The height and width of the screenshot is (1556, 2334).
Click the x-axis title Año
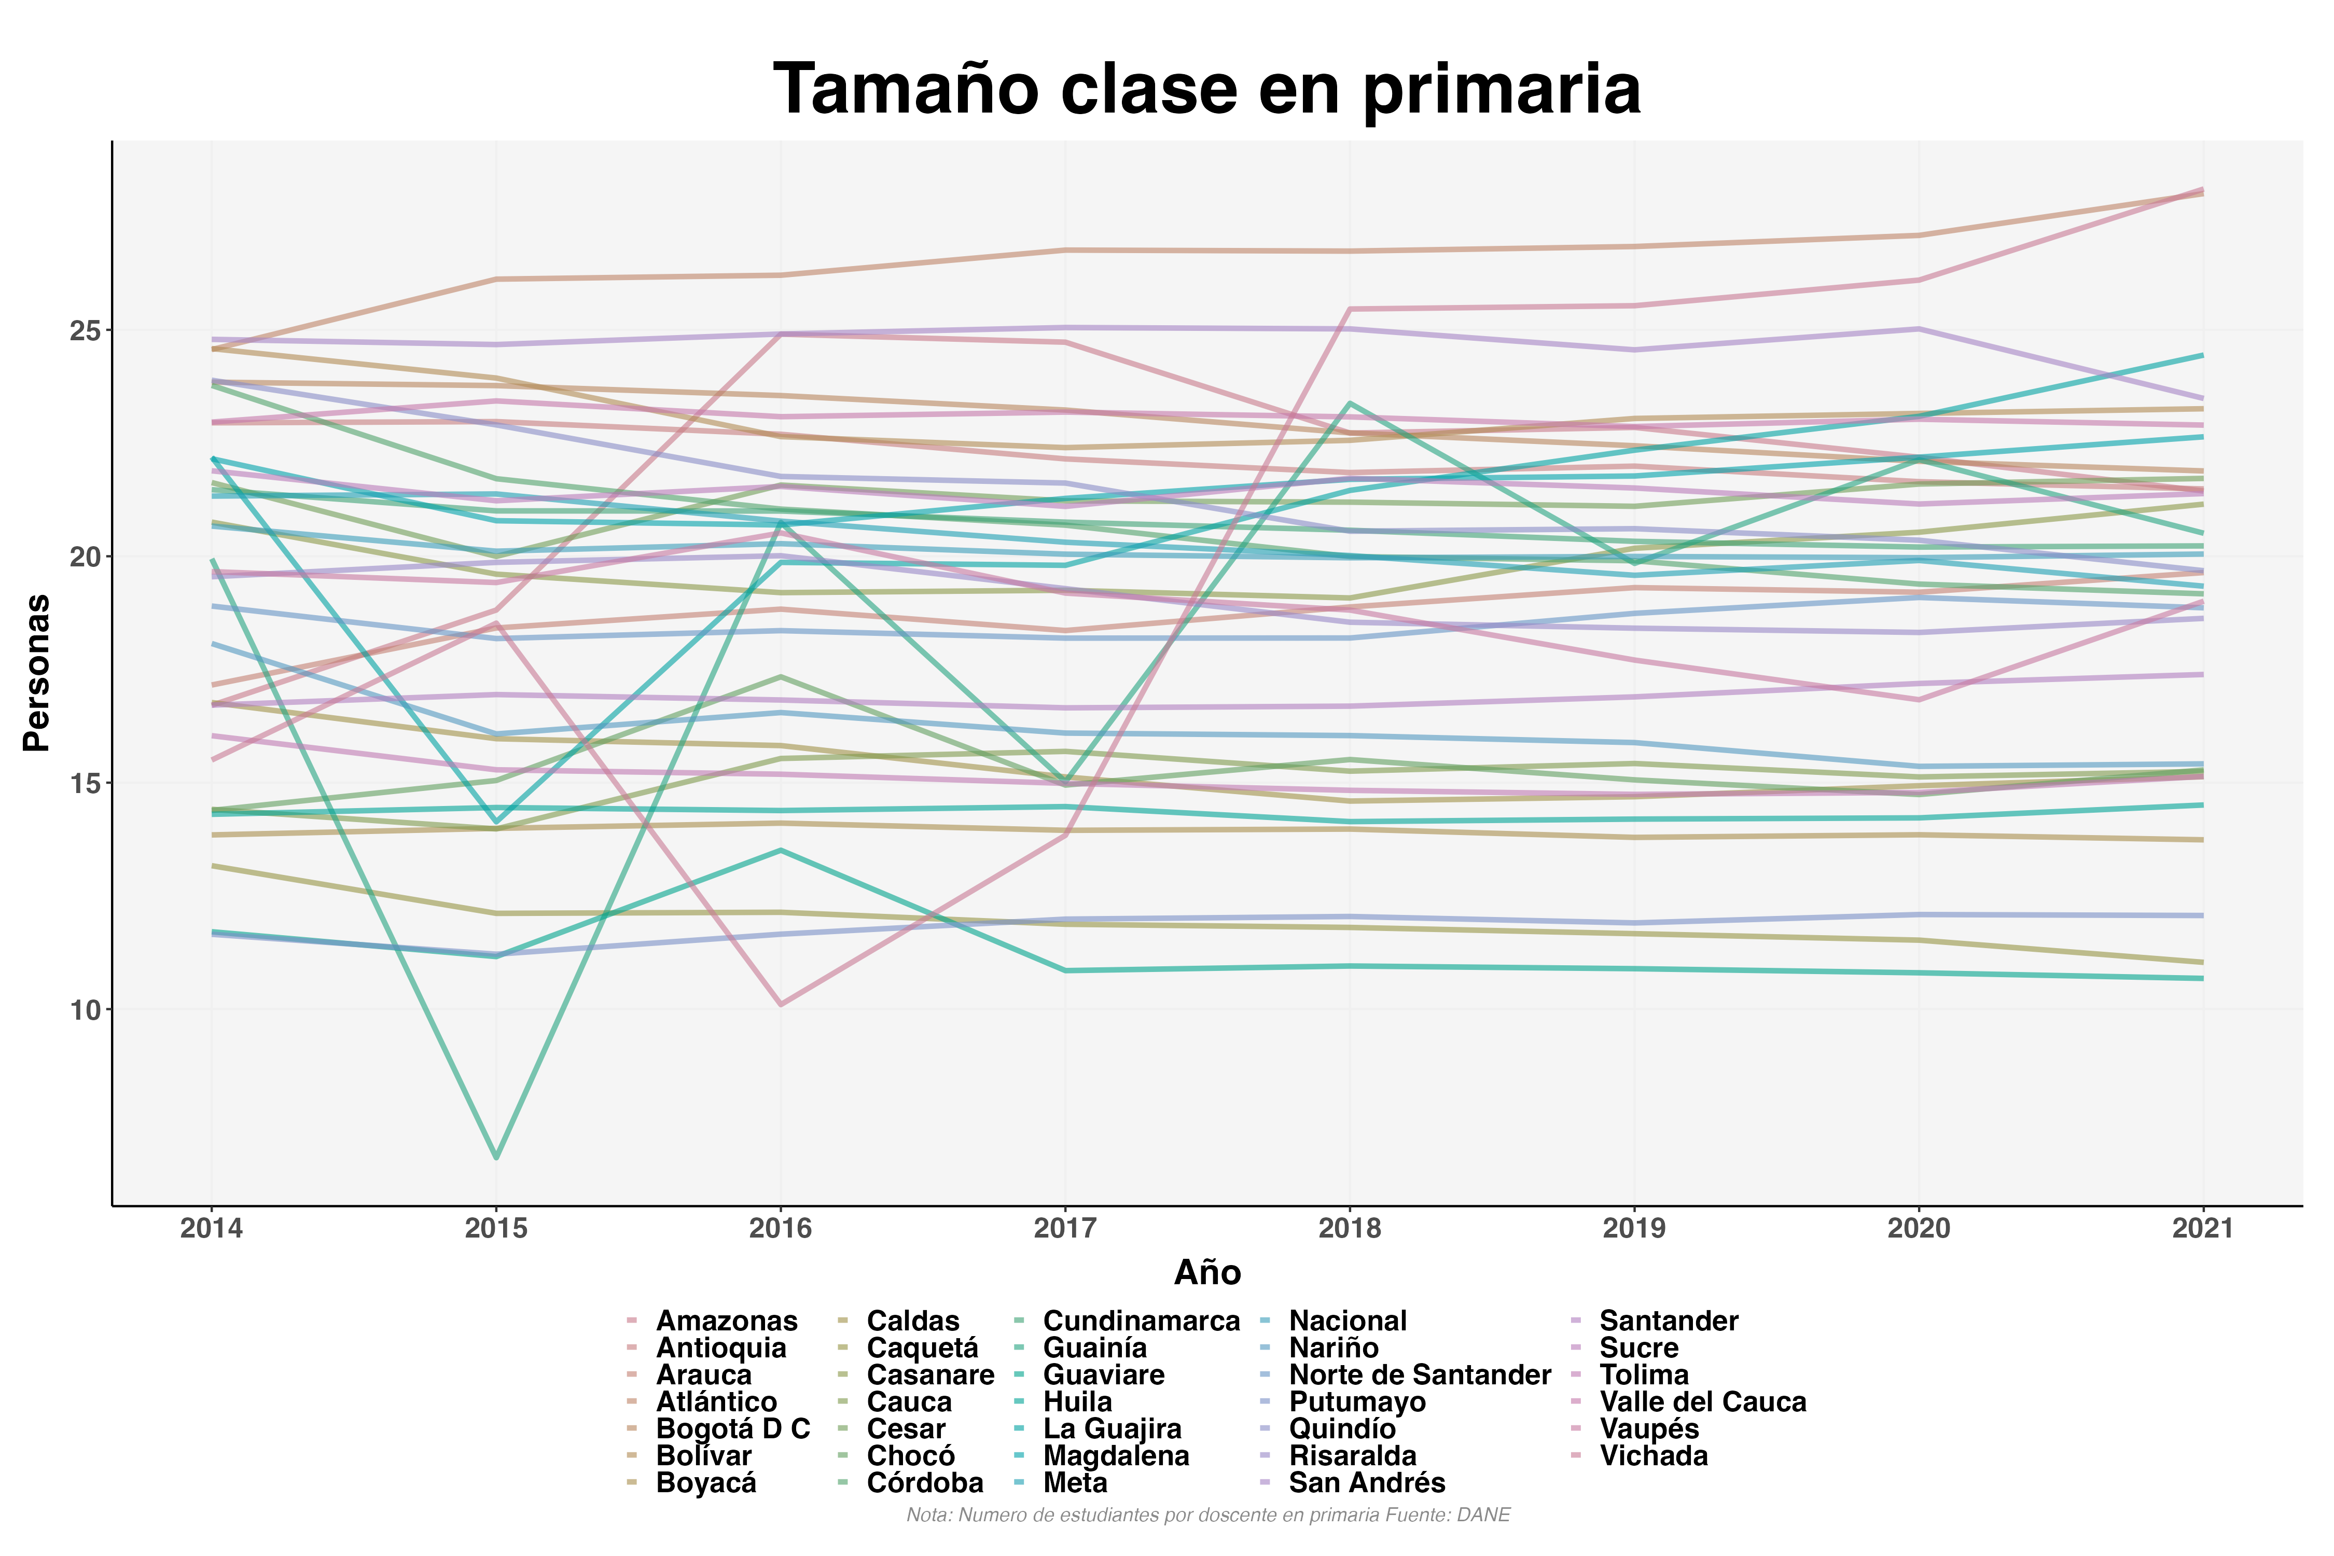tap(1207, 1272)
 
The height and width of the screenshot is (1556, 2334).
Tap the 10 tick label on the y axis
tap(87, 1010)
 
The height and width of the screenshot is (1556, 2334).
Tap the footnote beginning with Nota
tap(1207, 1516)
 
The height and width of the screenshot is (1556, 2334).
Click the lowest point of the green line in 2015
tap(496, 1157)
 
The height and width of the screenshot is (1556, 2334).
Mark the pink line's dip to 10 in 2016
tap(781, 1004)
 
